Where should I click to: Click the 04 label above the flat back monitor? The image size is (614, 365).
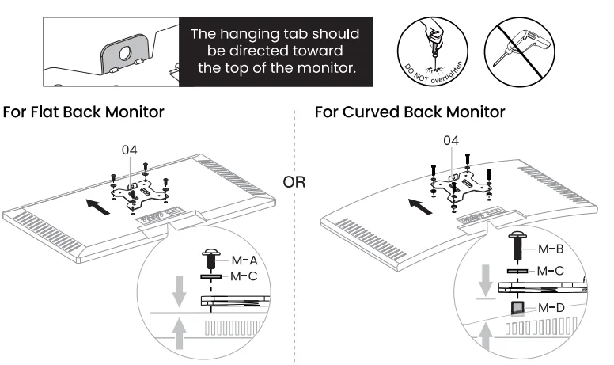tap(131, 150)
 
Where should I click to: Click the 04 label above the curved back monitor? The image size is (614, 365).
tap(451, 140)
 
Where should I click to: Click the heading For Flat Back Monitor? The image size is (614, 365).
tap(84, 112)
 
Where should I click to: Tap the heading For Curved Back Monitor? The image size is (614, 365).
tap(408, 112)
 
